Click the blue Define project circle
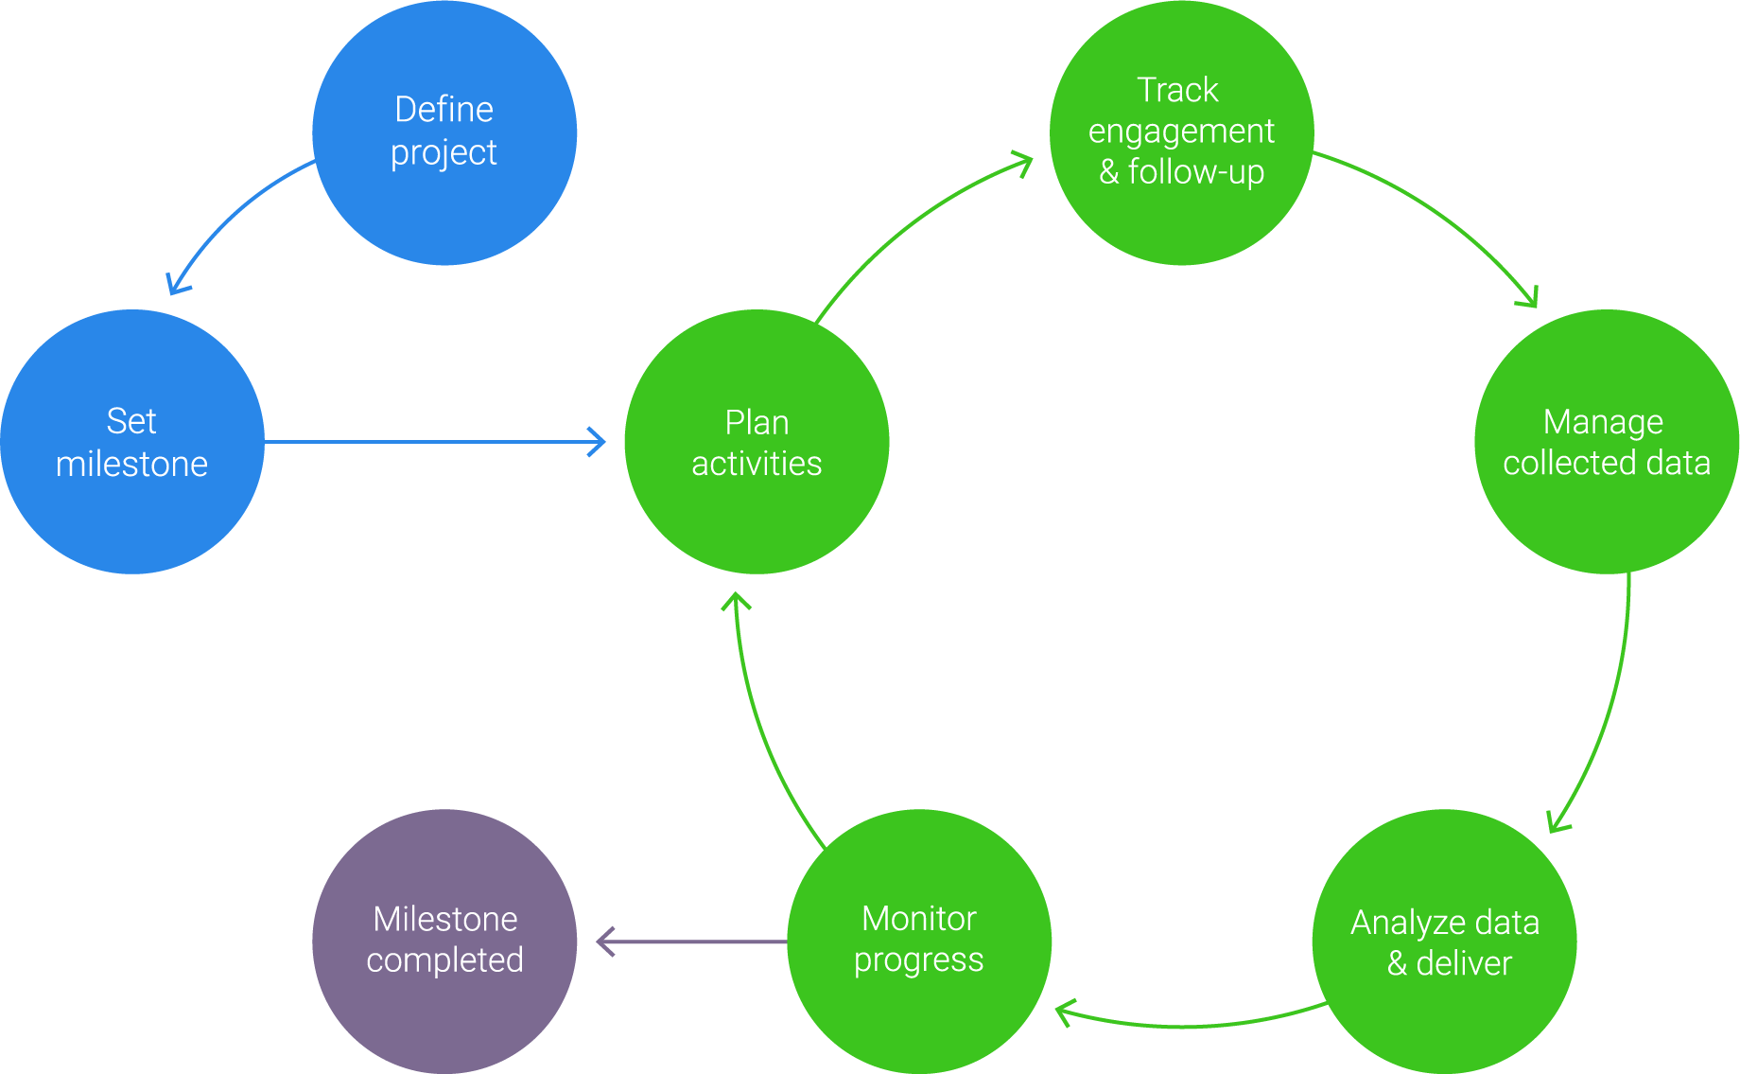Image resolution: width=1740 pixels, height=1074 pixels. tap(444, 132)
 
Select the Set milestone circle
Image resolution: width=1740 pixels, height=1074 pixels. tap(132, 441)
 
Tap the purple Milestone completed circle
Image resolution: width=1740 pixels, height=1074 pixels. tap(444, 941)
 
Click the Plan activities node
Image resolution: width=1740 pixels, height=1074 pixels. tap(757, 441)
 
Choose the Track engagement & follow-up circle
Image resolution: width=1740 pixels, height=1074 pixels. tap(1181, 132)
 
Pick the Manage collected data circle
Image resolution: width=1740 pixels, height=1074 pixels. tap(1606, 441)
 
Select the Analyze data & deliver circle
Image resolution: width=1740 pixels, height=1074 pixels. tap(1444, 941)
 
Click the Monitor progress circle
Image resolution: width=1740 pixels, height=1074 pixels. tap(918, 941)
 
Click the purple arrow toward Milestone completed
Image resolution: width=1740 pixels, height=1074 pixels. tap(690, 941)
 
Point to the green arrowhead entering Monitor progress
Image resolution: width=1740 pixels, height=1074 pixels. tap(1063, 1012)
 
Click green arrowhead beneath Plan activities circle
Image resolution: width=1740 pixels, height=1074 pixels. tap(736, 601)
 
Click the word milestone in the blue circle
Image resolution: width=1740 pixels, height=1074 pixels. tap(131, 464)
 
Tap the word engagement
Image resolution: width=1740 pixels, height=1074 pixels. tap(1181, 131)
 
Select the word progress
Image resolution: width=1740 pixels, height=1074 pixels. tap(918, 960)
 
